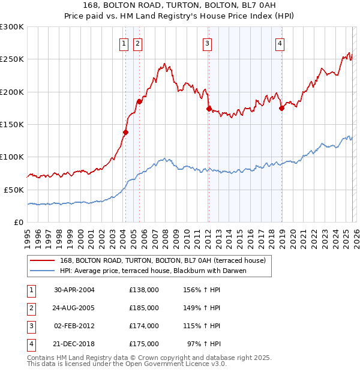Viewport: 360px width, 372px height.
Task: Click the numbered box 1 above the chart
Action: coord(124,43)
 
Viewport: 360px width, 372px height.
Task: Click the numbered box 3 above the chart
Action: coord(207,43)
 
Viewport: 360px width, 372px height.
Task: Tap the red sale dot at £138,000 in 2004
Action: coord(125,132)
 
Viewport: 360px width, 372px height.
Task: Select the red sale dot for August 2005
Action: coord(139,101)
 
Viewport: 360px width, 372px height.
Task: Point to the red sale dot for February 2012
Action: coord(209,109)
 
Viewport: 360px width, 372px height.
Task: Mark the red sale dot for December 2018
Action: coord(281,108)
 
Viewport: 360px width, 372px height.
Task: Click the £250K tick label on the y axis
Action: coord(12,59)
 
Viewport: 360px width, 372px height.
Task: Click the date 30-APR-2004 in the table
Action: coord(74,290)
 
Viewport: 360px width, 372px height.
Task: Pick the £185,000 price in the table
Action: coord(143,308)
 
